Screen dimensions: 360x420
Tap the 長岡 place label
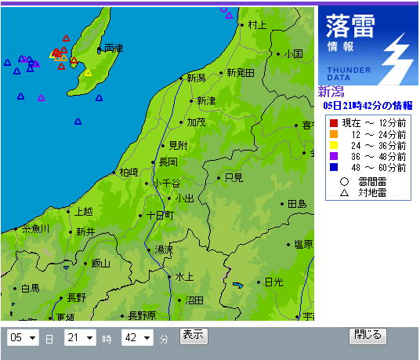pos(168,162)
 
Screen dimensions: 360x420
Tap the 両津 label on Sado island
pos(113,49)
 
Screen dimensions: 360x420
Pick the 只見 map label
pos(234,178)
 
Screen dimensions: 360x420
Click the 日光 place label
pos(273,282)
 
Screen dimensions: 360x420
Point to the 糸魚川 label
pos(35,228)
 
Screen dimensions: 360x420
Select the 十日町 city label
pos(159,215)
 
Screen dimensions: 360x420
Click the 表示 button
pos(194,336)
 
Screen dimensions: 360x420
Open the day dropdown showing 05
pos(23,338)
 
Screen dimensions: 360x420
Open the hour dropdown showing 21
pos(80,338)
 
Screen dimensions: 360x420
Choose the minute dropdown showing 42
pos(136,338)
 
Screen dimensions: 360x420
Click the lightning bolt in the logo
pos(397,59)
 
